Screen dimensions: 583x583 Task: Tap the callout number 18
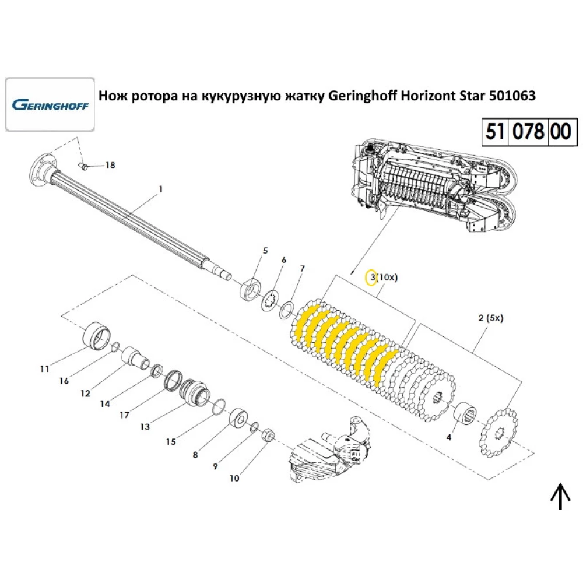[x=110, y=166]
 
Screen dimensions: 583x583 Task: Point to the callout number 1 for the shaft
[x=161, y=189]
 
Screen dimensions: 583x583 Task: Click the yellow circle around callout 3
[x=370, y=277]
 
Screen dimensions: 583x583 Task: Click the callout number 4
[x=448, y=437]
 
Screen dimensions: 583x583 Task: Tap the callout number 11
[x=44, y=368]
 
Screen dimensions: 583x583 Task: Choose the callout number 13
[x=144, y=427]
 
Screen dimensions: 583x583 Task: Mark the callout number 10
[x=234, y=479]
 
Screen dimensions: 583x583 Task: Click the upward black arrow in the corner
[x=560, y=497]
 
